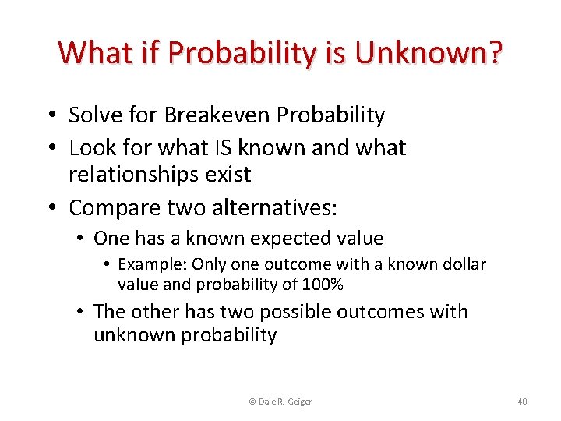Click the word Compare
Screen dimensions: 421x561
pos(109,208)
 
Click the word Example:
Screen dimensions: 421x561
pos(152,265)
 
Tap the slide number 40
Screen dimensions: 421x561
pos(521,402)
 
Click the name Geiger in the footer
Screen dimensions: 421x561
pos(298,402)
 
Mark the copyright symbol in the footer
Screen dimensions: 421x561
pos(252,402)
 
